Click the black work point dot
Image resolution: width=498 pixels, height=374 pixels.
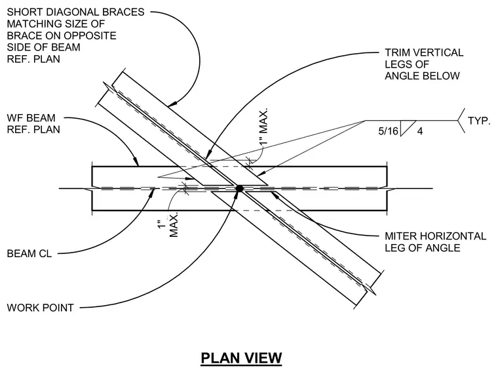[239, 188]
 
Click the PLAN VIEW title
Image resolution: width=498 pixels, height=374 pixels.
[241, 358]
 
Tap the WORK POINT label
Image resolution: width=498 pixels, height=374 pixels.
[41, 308]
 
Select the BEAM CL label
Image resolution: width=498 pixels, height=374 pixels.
[29, 253]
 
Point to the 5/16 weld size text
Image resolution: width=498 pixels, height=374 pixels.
[388, 131]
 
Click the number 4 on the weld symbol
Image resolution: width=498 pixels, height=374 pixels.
[420, 131]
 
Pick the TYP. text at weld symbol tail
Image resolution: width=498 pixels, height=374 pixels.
[479, 121]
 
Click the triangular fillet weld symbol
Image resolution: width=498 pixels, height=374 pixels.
[408, 128]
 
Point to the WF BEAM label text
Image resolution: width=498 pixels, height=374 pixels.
[31, 118]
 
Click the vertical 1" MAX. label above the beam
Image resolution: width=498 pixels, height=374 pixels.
[263, 127]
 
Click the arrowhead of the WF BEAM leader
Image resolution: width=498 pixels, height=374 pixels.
[136, 162]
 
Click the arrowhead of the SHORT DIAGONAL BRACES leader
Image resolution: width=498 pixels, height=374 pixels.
[172, 104]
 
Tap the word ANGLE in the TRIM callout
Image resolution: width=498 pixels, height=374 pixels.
[402, 76]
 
